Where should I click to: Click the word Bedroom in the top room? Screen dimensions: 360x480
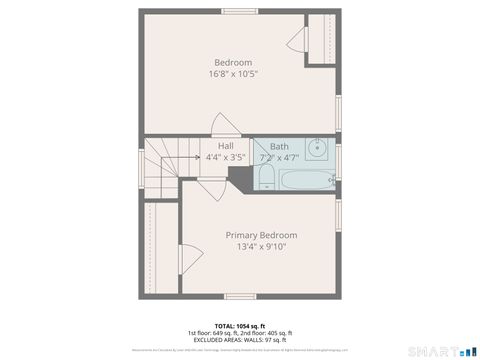[x=231, y=62]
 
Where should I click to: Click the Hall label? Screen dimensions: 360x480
[x=212, y=146]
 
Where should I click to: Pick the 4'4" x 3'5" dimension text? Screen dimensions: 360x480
[x=225, y=157]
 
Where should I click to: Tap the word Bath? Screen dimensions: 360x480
[x=278, y=146]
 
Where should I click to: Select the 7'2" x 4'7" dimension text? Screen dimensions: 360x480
[x=278, y=157]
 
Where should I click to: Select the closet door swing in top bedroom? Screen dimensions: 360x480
[x=296, y=41]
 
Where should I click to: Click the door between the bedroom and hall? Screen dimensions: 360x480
[x=225, y=126]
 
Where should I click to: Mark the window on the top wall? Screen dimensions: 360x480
[x=237, y=11]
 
